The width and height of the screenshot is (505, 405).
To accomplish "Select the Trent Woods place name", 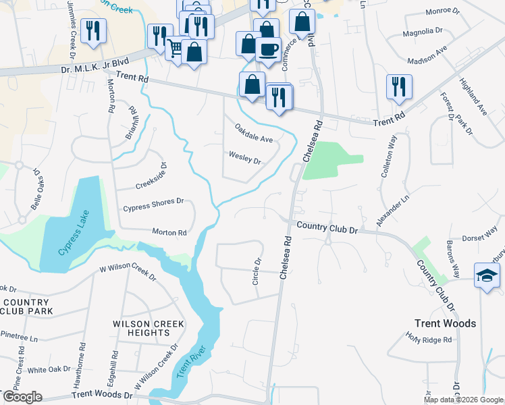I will [445, 323].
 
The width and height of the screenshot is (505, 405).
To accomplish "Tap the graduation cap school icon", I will [487, 275].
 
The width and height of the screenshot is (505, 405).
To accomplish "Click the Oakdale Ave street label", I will [254, 132].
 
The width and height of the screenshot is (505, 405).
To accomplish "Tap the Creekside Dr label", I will [151, 177].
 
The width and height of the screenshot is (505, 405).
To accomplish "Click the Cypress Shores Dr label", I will [153, 204].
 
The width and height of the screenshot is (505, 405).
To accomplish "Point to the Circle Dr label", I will [257, 271].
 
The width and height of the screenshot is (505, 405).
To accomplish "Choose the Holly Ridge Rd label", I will [428, 338].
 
